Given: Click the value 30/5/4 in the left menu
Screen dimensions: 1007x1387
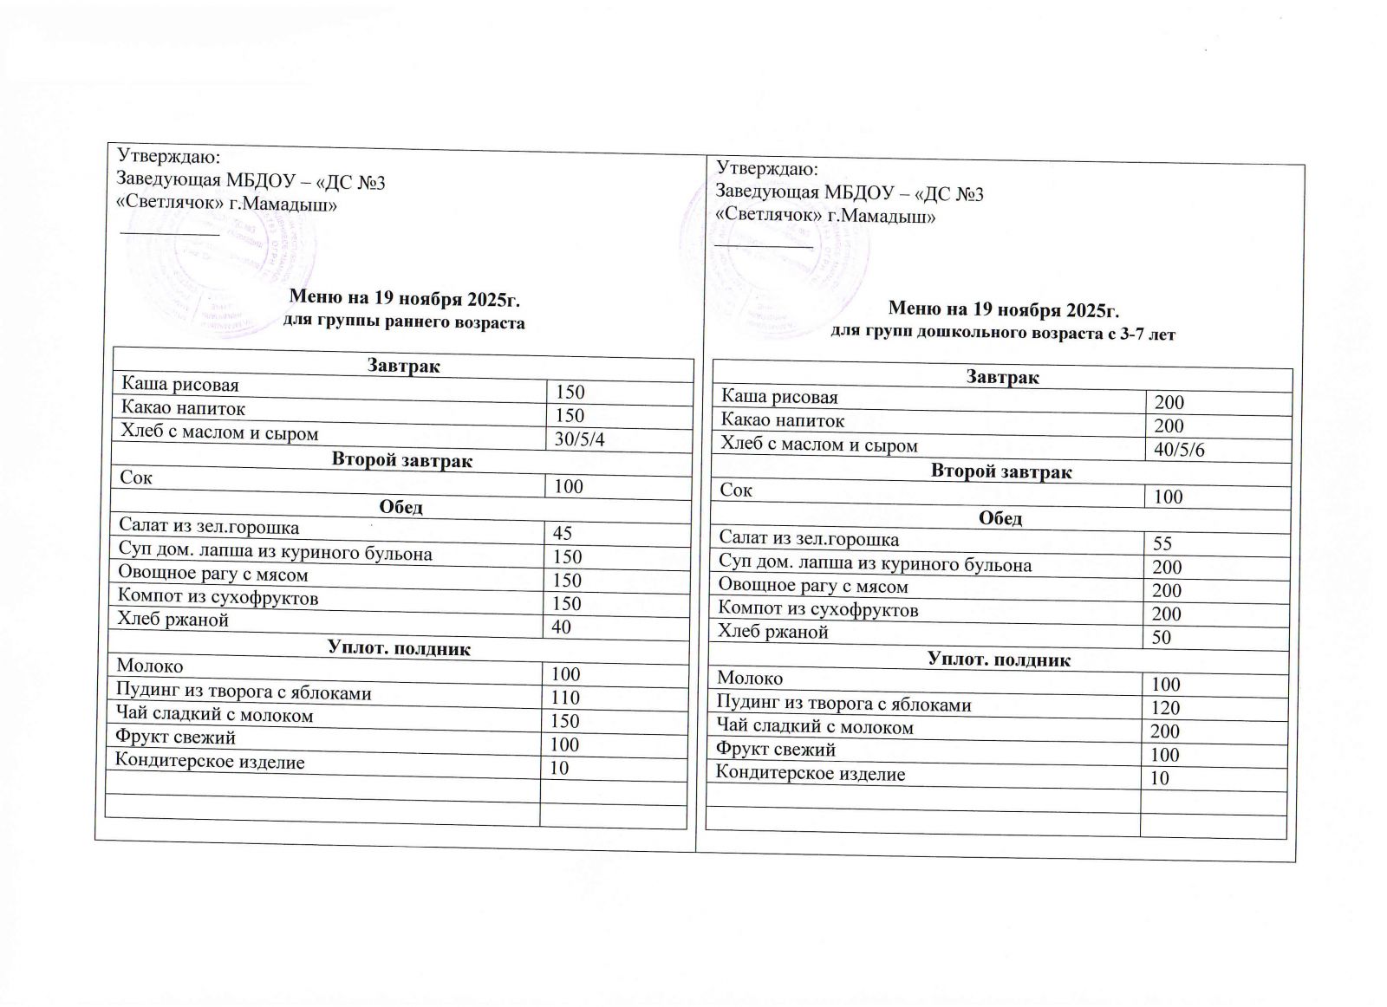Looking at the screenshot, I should [x=579, y=439].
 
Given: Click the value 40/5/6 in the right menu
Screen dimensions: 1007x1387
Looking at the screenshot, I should [x=1179, y=451].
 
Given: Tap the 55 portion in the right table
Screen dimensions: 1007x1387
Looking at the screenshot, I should [x=1162, y=543].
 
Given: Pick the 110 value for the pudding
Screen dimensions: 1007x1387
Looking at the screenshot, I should [x=567, y=698].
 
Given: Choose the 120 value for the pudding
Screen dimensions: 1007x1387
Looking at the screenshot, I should [x=1165, y=708].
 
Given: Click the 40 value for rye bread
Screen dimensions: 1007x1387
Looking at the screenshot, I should [x=561, y=627].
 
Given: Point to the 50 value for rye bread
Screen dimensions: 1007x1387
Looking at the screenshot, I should [x=1162, y=638].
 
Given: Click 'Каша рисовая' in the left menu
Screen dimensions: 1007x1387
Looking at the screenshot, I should [x=179, y=384].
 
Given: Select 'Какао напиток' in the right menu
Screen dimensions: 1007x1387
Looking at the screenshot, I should [x=783, y=421].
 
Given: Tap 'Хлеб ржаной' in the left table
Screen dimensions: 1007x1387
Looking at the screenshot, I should [x=173, y=620].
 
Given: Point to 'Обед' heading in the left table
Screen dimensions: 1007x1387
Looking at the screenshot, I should [x=402, y=507].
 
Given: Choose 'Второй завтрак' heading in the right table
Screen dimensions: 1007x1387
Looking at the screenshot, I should [x=1001, y=472].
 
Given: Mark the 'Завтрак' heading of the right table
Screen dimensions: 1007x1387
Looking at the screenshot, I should [x=1002, y=378].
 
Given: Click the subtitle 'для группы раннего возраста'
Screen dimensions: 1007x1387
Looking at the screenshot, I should [x=405, y=323].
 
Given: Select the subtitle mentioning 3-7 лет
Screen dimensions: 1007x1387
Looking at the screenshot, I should [x=1003, y=334].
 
